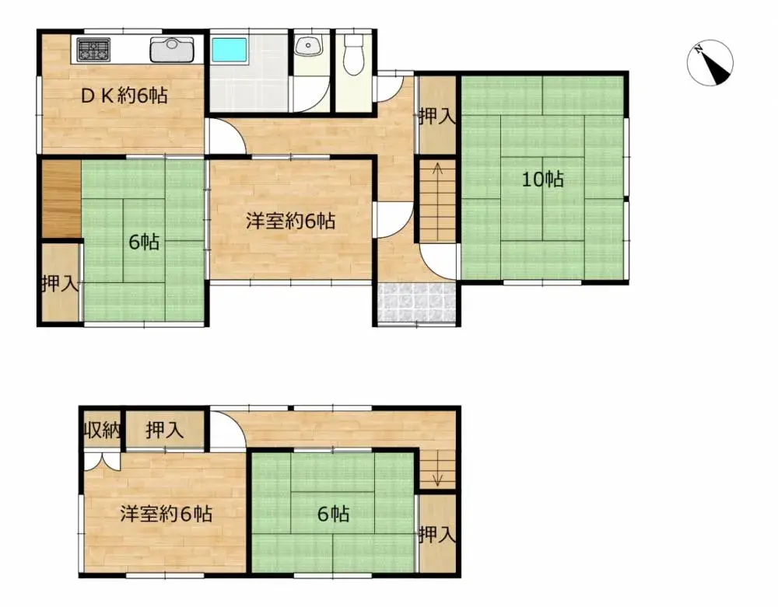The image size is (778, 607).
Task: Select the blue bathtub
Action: (229, 51)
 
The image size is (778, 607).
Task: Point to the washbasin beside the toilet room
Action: (309, 46)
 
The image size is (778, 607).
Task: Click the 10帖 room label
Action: (542, 180)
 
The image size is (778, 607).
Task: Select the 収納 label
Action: (101, 429)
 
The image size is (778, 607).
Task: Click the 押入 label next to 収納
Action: (164, 429)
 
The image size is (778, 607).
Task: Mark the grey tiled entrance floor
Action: (415, 302)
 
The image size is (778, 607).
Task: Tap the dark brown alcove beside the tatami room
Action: (61, 198)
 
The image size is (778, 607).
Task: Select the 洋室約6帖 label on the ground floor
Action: (290, 222)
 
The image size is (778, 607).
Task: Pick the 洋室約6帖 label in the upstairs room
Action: (166, 514)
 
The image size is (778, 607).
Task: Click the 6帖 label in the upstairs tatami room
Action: (332, 514)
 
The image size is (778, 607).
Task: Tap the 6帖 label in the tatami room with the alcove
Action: (144, 242)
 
